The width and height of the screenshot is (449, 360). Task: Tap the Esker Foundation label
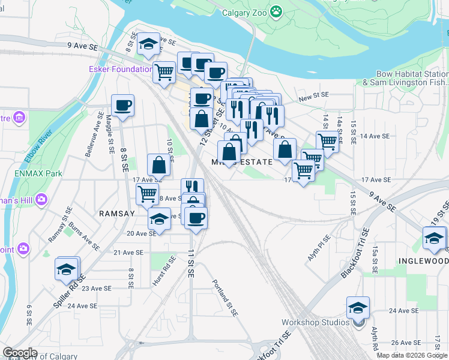[121, 69]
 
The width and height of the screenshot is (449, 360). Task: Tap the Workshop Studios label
[315, 322]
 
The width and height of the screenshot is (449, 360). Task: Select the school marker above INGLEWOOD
[435, 238]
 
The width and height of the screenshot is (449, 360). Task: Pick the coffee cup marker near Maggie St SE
[123, 105]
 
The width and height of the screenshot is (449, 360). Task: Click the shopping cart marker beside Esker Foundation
[164, 72]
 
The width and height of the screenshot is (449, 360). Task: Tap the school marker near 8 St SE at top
[148, 43]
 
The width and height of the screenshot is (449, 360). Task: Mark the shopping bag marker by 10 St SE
[158, 164]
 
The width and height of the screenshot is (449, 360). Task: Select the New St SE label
[314, 95]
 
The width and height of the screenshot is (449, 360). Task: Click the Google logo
[20, 353]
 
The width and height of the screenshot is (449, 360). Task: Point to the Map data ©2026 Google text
[412, 355]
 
